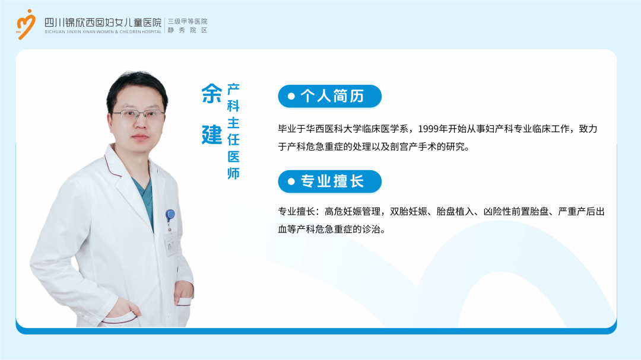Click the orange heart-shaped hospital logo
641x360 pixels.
click(26, 24)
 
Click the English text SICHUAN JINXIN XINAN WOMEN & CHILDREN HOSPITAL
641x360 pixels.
click(103, 32)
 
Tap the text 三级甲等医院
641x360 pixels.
click(188, 21)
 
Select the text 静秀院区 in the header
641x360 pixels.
click(188, 30)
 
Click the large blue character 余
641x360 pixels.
click(212, 94)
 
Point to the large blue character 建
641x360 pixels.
click(212, 135)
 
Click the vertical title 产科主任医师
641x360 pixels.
click(233, 131)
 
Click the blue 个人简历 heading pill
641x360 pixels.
click(329, 97)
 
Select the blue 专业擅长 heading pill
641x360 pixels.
click(329, 181)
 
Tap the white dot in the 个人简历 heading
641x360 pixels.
click(291, 97)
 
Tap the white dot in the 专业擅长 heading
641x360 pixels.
click(291, 181)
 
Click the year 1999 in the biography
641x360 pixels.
click(428, 129)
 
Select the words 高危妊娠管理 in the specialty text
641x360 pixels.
click(353, 212)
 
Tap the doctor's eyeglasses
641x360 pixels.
click(138, 115)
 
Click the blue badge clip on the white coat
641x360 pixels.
click(170, 215)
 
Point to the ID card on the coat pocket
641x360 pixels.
click(171, 245)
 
